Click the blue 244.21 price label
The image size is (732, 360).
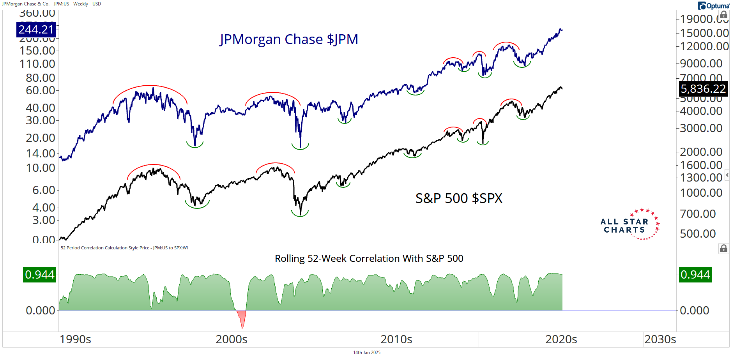click(x=36, y=30)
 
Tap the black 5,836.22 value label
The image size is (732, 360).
click(x=703, y=89)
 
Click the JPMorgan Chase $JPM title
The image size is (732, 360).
click(x=289, y=39)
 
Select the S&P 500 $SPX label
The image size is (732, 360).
click(x=459, y=198)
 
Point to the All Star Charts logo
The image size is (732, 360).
click(x=629, y=225)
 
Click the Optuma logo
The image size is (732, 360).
click(x=713, y=6)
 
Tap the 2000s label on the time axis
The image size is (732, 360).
click(x=232, y=339)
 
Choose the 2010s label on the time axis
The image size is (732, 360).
click(x=396, y=339)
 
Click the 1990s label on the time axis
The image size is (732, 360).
click(x=75, y=339)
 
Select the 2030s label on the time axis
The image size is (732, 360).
click(x=660, y=339)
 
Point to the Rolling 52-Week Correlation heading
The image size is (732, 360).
click(x=369, y=258)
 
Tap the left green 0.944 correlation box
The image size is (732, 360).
click(x=39, y=275)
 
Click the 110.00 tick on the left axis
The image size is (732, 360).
click(x=37, y=64)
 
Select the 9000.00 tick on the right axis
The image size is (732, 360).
click(x=701, y=63)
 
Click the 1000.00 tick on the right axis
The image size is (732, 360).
click(x=701, y=193)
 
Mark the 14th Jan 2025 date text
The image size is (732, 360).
click(x=367, y=353)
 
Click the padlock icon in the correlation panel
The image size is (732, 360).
click(x=723, y=249)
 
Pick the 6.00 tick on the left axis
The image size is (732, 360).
click(x=44, y=190)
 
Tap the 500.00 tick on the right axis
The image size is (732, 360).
click(x=698, y=234)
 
